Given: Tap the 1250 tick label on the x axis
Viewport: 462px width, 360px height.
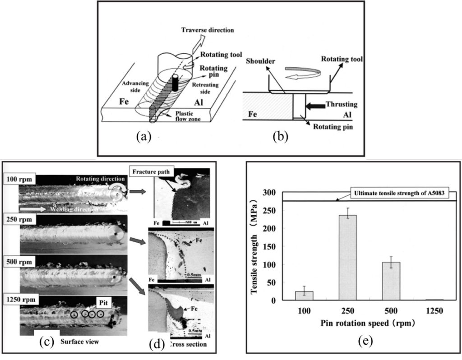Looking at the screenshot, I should [434, 311].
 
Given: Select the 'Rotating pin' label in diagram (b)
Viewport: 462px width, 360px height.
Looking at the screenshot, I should [331, 127].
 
